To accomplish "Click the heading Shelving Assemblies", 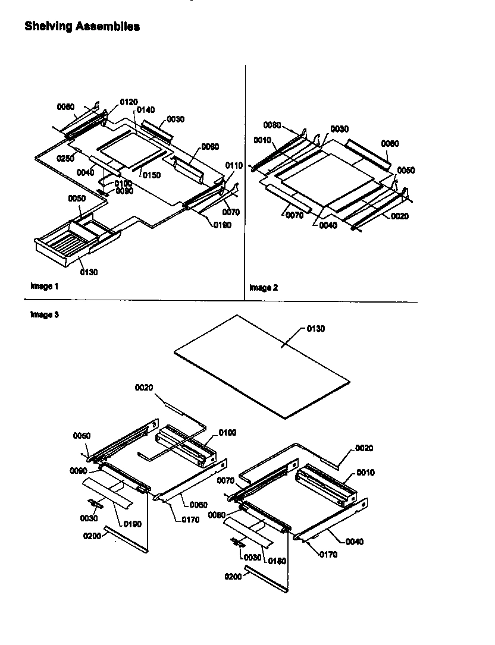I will point(82,26).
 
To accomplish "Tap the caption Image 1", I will point(45,286).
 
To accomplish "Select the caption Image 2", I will point(264,288).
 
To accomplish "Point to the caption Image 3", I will point(45,314).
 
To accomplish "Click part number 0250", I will point(66,158).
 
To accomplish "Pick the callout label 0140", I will point(145,110).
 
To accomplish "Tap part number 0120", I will point(129,102).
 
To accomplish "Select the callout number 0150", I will point(152,175).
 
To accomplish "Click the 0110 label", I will point(234,165).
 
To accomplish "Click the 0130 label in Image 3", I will point(316,329).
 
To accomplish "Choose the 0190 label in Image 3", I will point(133,523).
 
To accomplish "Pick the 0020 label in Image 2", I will point(400,216).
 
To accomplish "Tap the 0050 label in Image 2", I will point(406,170).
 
